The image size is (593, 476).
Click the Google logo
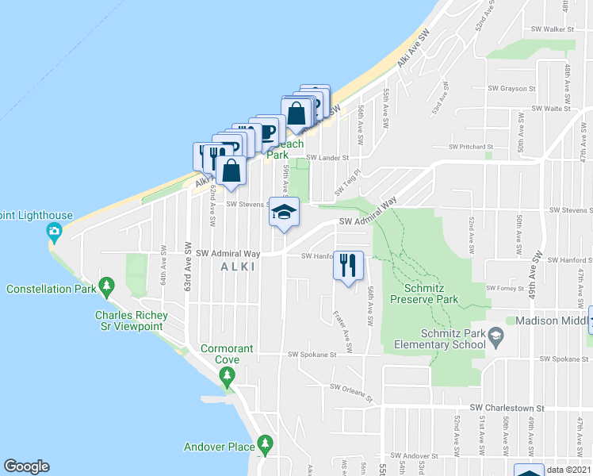coord(26,466)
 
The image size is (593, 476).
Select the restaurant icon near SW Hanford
coord(347,264)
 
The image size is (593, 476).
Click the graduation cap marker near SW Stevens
coord(284,212)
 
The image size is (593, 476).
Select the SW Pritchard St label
coord(470,147)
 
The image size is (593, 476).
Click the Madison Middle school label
coord(550,321)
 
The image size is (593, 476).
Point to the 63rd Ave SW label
coord(189,267)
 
